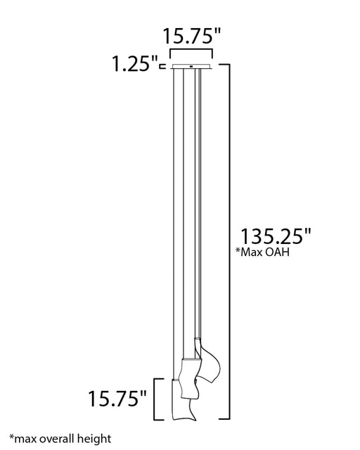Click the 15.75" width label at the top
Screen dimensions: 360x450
tap(191, 36)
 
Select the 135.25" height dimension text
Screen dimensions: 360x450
tap(276, 236)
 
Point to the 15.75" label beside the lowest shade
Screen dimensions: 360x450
tap(117, 399)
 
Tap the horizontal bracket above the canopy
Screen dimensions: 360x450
tap(191, 50)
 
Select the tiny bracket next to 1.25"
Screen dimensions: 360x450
tap(162, 66)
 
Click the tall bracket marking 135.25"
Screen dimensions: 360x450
tap(229, 242)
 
